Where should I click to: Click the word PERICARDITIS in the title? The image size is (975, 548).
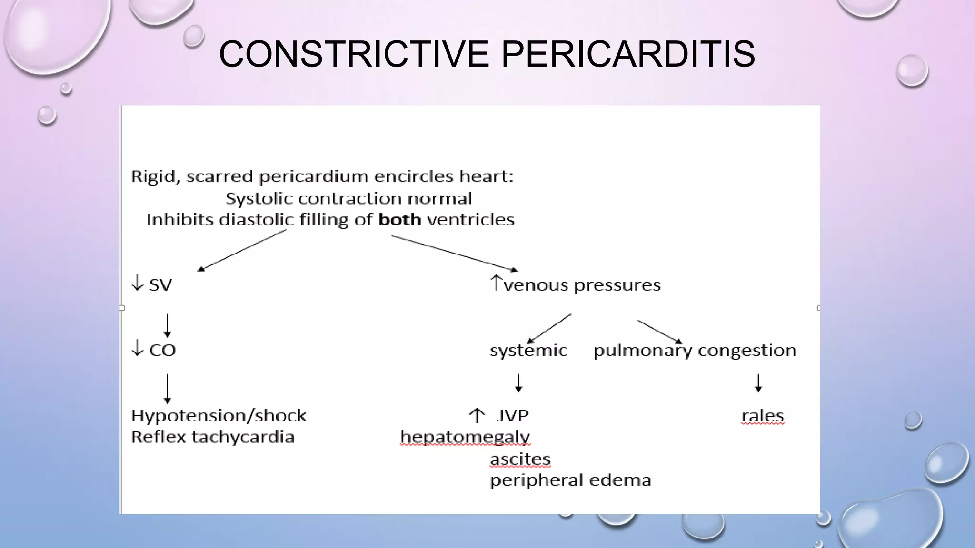pyautogui.click(x=628, y=54)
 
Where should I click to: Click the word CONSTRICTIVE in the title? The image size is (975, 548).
pyautogui.click(x=354, y=54)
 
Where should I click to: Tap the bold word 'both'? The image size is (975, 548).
pyautogui.click(x=399, y=220)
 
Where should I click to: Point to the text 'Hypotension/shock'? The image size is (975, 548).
pyautogui.click(x=219, y=416)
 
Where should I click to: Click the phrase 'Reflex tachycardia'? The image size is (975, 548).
pyautogui.click(x=212, y=437)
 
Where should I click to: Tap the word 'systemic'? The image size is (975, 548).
pyautogui.click(x=528, y=351)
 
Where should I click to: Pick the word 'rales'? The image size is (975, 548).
pyautogui.click(x=762, y=416)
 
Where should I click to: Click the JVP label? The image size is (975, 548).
pyautogui.click(x=512, y=416)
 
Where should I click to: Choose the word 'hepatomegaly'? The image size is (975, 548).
pyautogui.click(x=465, y=437)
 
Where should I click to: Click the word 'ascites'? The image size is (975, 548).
pyautogui.click(x=520, y=459)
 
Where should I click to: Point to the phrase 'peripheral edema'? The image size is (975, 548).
pyautogui.click(x=570, y=480)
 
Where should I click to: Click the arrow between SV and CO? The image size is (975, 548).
pyautogui.click(x=167, y=325)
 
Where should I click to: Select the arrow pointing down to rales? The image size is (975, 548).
pyautogui.click(x=758, y=383)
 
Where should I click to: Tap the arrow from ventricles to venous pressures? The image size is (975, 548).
pyautogui.click(x=454, y=253)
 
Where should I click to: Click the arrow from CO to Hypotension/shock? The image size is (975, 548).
pyautogui.click(x=167, y=388)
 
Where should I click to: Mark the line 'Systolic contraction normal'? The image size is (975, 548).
pyautogui.click(x=348, y=198)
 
